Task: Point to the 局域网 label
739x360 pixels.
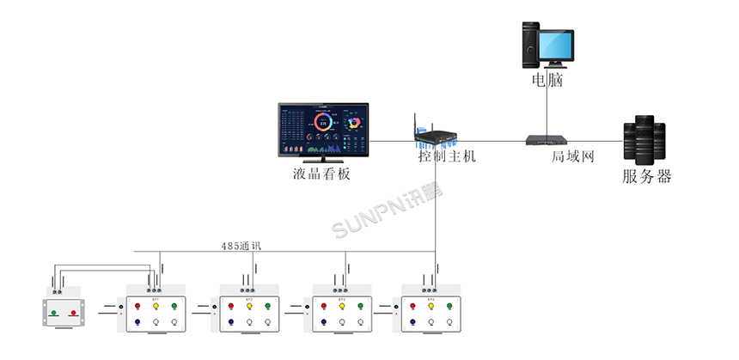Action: [572, 157]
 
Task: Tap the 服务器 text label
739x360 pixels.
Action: [646, 178]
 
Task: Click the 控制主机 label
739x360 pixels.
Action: [446, 157]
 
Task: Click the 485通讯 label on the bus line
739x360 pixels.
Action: [241, 246]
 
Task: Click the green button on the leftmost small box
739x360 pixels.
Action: [53, 313]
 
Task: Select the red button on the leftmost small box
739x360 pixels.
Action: [73, 313]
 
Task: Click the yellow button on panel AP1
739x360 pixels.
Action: [156, 306]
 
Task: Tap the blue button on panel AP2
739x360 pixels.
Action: [230, 322]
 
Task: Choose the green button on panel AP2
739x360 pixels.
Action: [267, 306]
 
